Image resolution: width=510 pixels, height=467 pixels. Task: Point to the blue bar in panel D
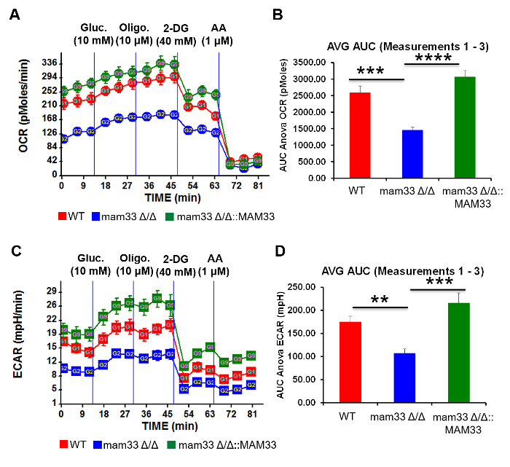coord(405,377)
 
